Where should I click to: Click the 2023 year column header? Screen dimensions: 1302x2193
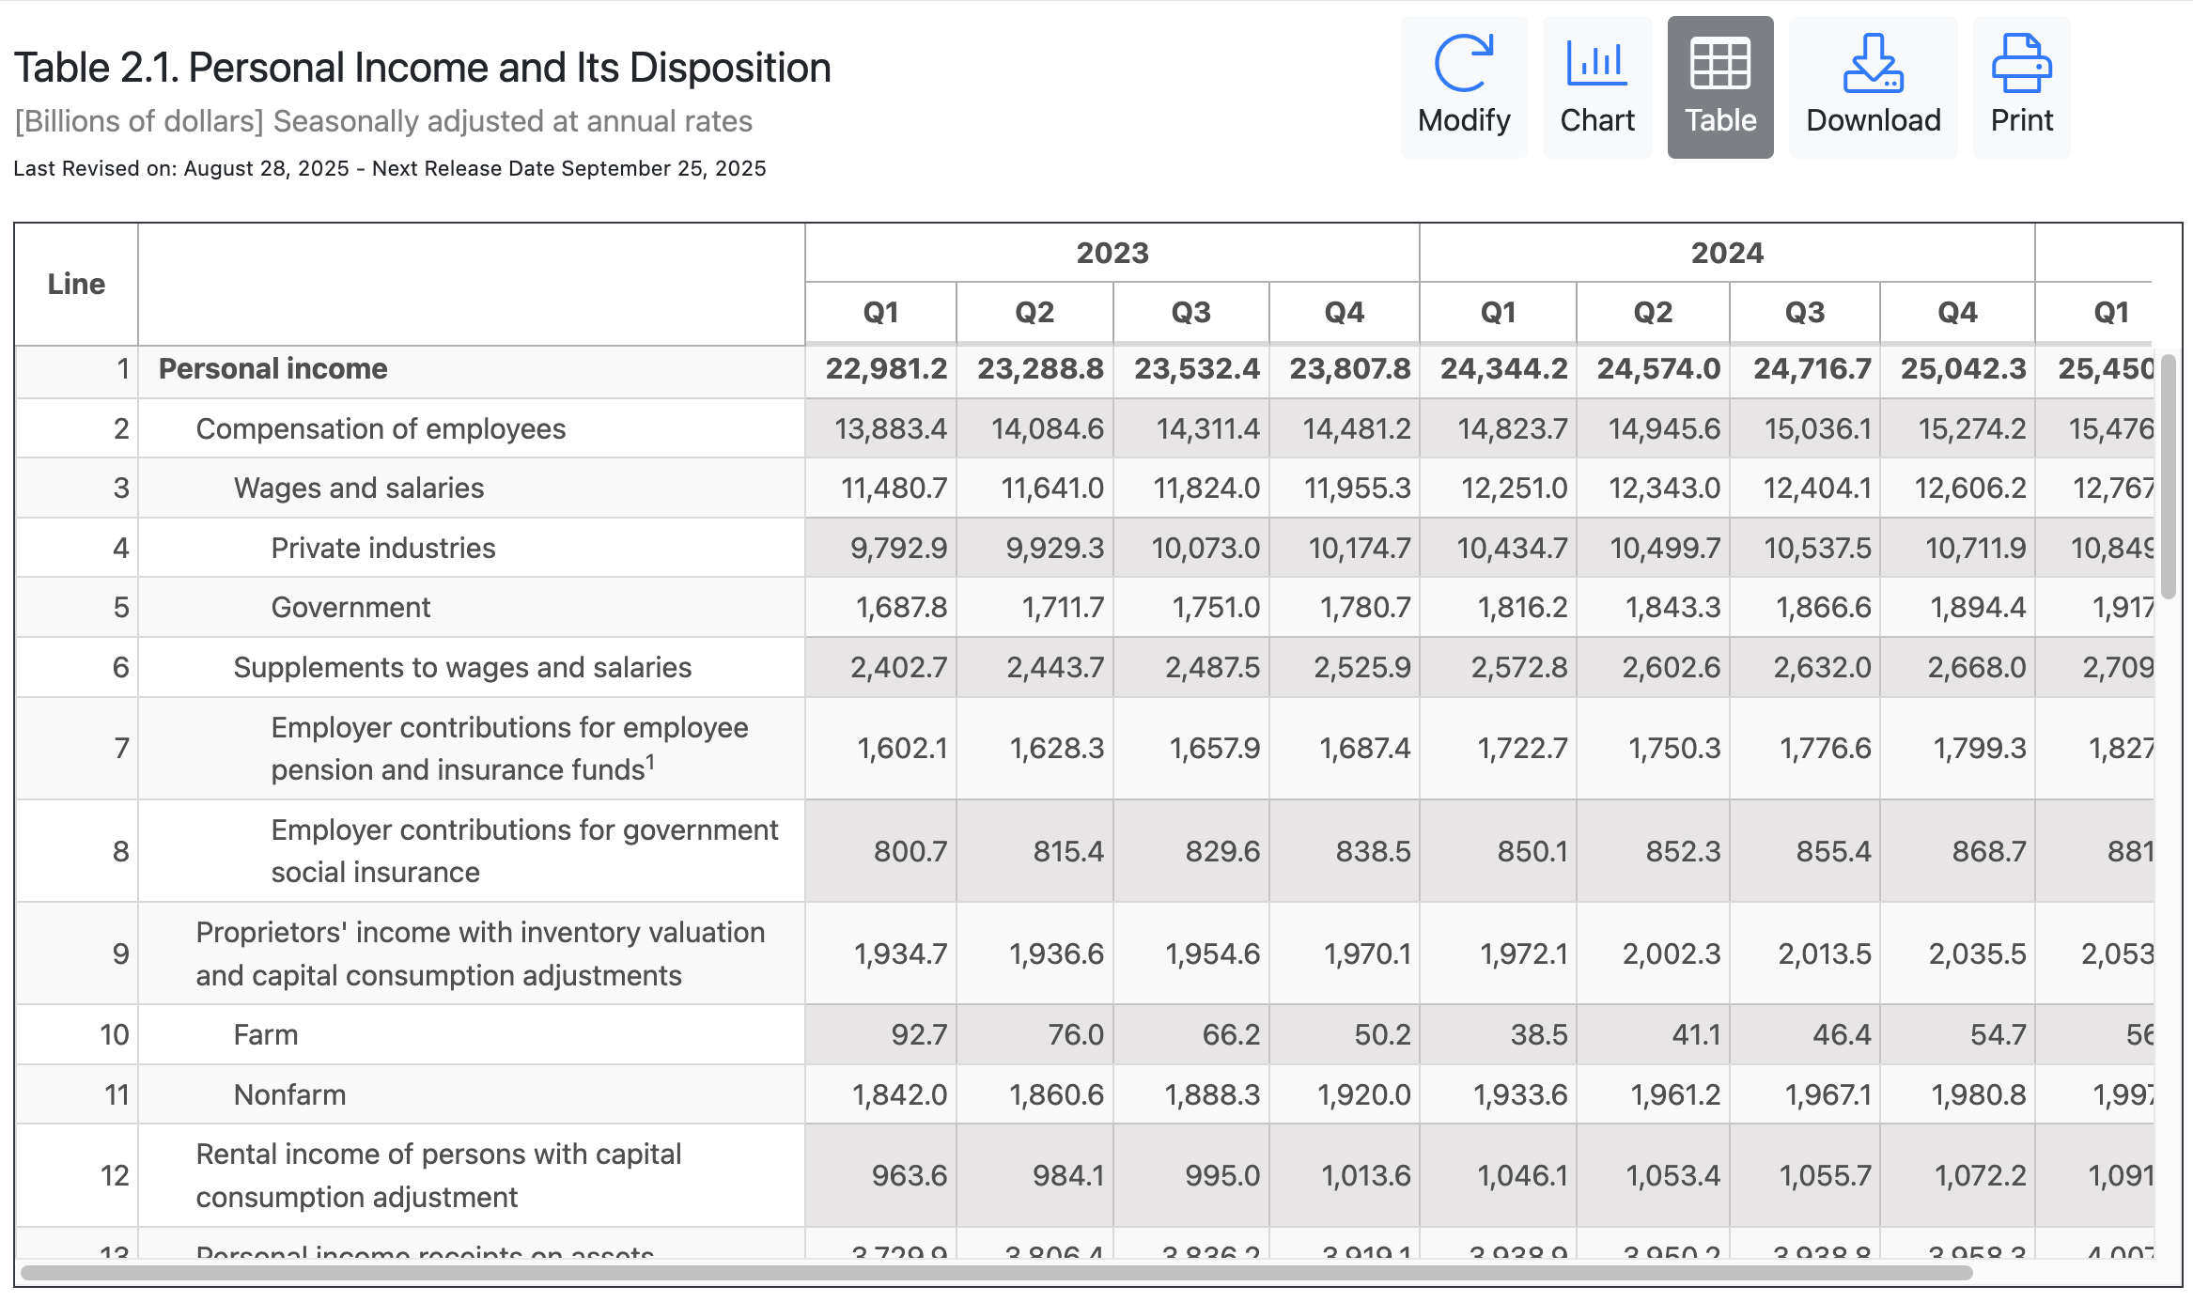[1112, 253]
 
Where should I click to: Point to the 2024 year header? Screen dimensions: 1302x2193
[1726, 253]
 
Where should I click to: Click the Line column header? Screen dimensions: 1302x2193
[76, 284]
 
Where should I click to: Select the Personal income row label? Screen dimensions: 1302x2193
[272, 369]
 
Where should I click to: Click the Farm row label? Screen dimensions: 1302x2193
[265, 1035]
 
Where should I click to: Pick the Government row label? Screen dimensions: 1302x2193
[350, 608]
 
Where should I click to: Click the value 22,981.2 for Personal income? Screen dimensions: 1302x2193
[886, 369]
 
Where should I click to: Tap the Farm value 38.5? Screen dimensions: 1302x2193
[1538, 1035]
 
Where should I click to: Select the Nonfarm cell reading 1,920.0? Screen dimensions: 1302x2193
[1363, 1095]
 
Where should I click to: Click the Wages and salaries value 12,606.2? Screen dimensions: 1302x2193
[1969, 488]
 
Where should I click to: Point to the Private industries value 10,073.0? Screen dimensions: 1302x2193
[1205, 549]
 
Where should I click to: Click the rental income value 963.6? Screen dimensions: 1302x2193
[909, 1176]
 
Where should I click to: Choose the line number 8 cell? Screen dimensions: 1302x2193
[120, 851]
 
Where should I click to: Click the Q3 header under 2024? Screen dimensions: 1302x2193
[1804, 313]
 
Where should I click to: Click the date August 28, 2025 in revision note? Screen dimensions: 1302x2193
[266, 169]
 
